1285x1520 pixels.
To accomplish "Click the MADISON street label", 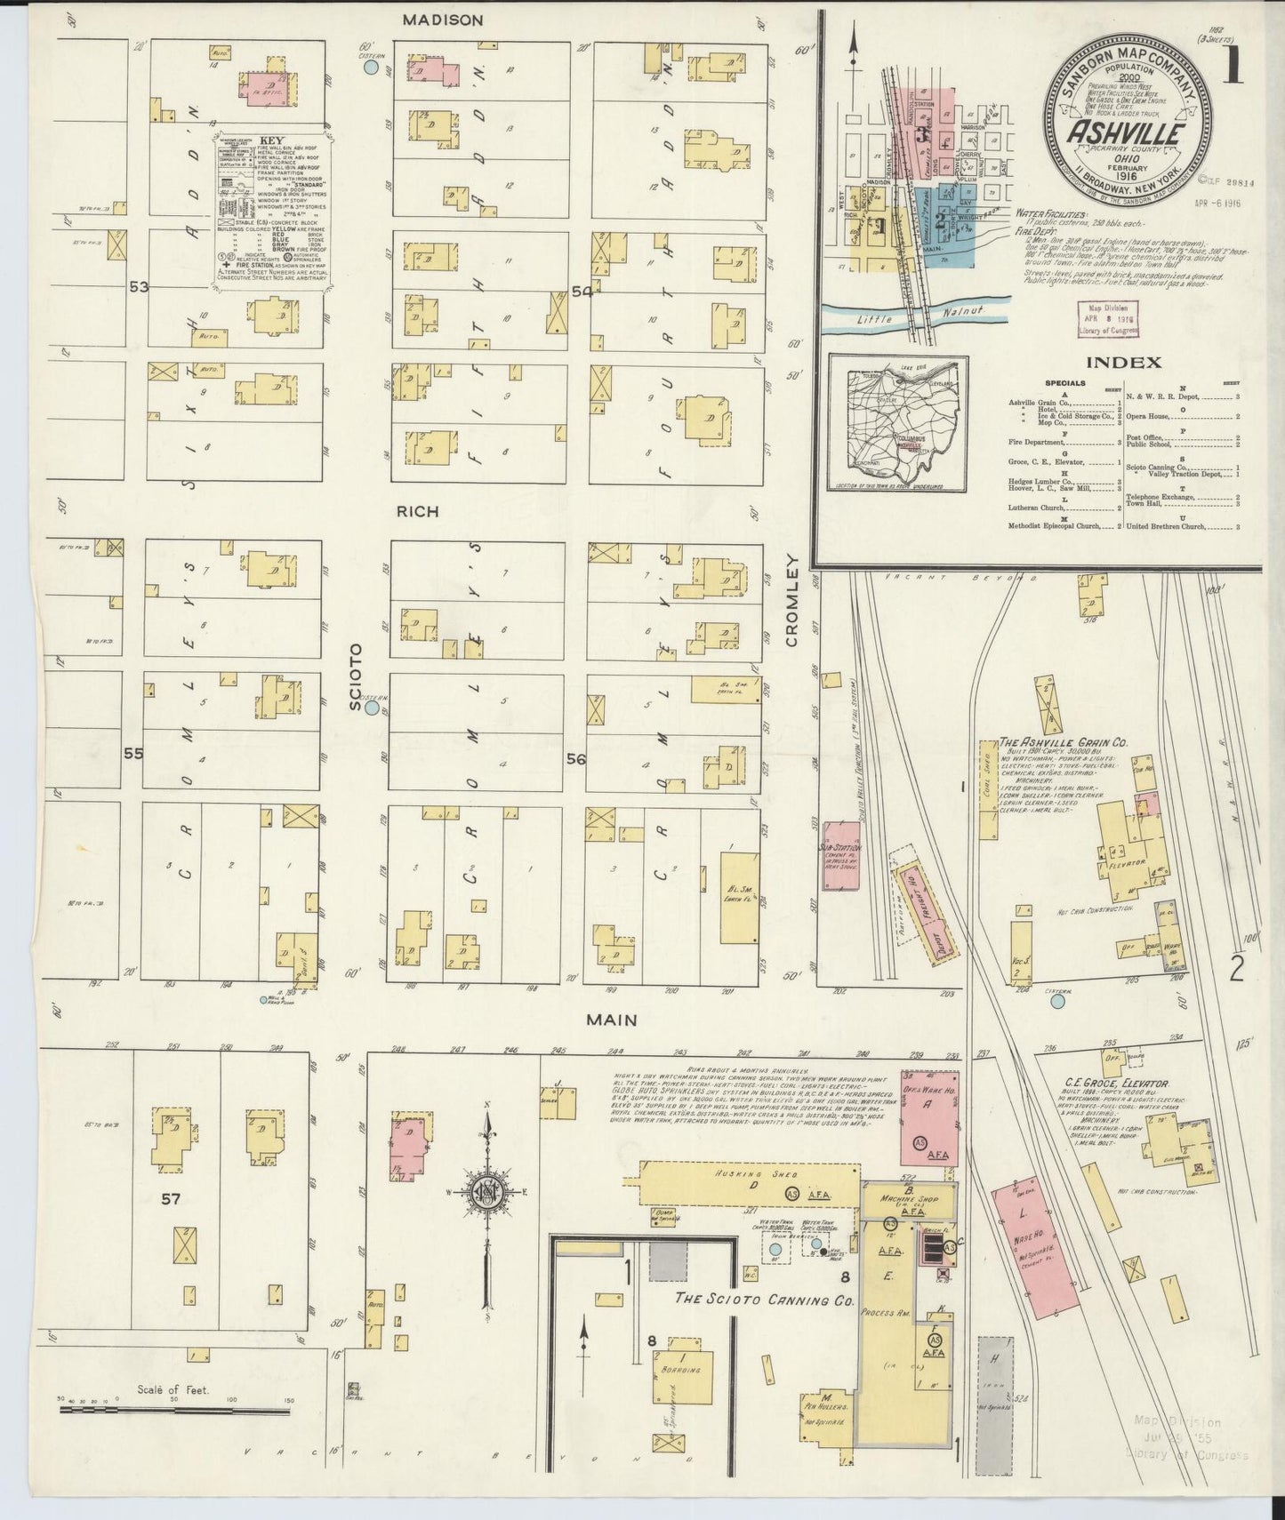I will point(441,20).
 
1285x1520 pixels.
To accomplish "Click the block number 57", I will point(171,1198).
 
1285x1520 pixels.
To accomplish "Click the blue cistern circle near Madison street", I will point(373,66).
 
